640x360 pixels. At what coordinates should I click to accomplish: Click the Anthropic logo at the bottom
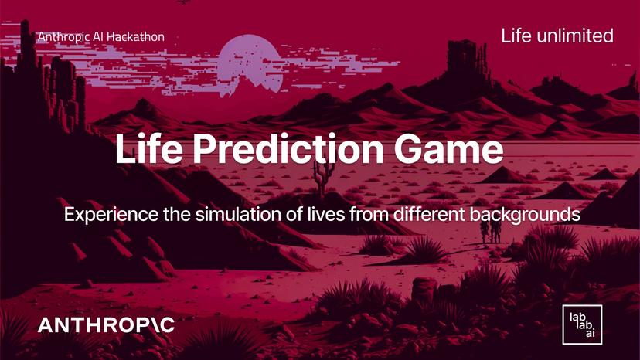(x=107, y=325)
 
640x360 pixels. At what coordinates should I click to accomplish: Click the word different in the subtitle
(x=434, y=214)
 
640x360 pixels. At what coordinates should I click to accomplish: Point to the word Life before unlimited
(x=516, y=36)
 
